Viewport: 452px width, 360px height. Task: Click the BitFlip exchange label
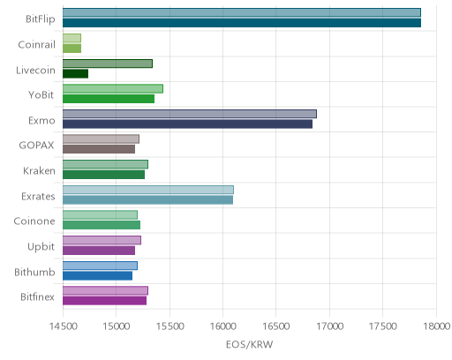(x=41, y=19)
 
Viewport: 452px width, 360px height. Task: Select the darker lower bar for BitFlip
(x=242, y=23)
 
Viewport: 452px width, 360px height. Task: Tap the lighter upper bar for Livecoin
(x=108, y=64)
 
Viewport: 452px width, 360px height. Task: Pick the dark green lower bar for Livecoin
(x=76, y=74)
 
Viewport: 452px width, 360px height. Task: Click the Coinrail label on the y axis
(x=36, y=45)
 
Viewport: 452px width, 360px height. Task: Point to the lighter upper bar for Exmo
(x=190, y=114)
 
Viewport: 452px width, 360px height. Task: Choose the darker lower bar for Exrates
(x=148, y=200)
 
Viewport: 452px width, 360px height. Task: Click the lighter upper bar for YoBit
(x=113, y=88)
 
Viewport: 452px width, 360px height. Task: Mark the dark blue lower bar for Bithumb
(x=98, y=276)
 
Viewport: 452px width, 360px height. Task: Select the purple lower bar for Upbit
(x=99, y=251)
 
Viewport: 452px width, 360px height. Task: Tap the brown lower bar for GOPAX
(x=99, y=149)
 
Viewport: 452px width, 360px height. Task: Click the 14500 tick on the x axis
(x=64, y=326)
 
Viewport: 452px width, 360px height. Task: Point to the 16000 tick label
(x=223, y=326)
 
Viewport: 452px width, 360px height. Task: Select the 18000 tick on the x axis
(x=436, y=326)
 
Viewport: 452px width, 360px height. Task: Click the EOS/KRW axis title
(x=250, y=344)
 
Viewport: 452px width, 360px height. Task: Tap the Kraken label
(x=39, y=171)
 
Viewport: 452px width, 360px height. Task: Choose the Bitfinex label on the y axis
(x=37, y=297)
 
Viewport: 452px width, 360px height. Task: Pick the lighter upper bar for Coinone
(x=100, y=215)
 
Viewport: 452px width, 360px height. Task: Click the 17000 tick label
(x=329, y=326)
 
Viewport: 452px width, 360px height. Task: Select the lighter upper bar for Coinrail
(x=72, y=38)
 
